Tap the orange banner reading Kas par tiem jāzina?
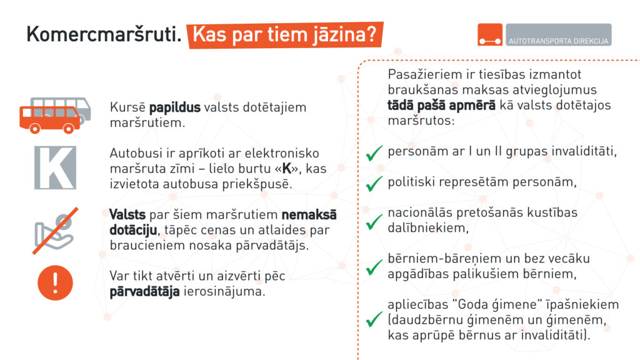[x=286, y=35]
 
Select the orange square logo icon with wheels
[x=490, y=35]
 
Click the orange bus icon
[x=49, y=118]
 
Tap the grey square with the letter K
[x=54, y=167]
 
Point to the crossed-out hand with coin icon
[x=54, y=228]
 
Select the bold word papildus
[x=175, y=107]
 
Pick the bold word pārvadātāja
[x=144, y=291]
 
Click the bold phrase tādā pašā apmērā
[x=441, y=105]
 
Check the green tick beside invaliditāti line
[x=374, y=152]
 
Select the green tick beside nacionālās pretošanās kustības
[x=374, y=221]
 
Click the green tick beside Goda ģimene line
[x=374, y=318]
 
